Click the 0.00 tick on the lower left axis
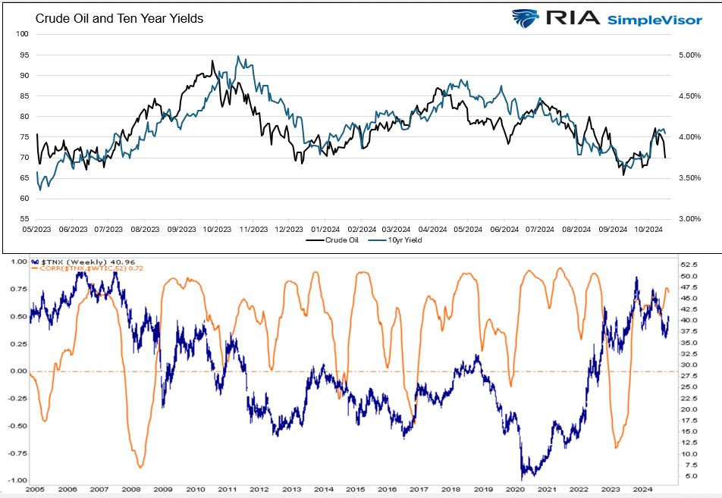pyautogui.click(x=17, y=371)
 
